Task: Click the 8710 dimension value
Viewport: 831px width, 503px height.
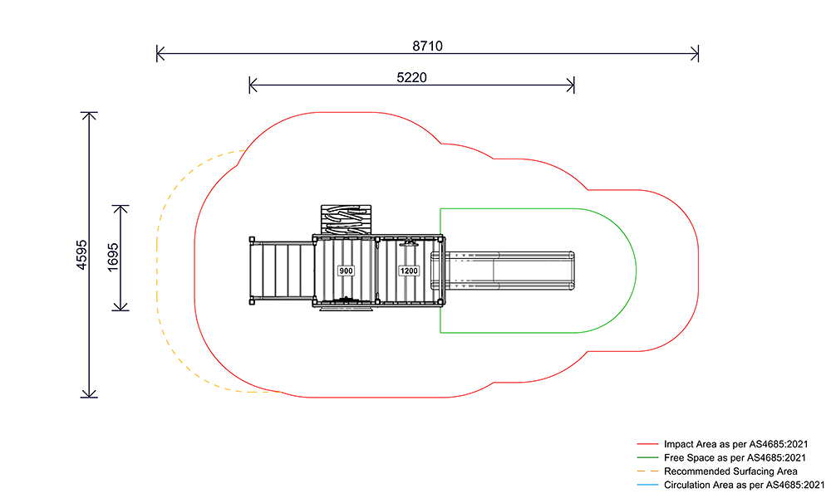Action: (427, 46)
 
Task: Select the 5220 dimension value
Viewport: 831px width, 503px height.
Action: (411, 78)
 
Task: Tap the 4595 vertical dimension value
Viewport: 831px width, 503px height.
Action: (81, 255)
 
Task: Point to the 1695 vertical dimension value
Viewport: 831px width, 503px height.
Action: (113, 257)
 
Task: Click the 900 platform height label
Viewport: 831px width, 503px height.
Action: (346, 271)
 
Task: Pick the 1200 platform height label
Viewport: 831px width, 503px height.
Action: (409, 271)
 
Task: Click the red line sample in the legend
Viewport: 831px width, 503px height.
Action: (647, 444)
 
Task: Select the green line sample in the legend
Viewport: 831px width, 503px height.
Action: (647, 457)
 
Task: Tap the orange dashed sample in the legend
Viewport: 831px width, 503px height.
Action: (647, 471)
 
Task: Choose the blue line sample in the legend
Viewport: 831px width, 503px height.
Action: (647, 485)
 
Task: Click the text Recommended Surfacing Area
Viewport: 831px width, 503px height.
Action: (730, 471)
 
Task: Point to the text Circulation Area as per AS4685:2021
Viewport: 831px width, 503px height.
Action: (744, 485)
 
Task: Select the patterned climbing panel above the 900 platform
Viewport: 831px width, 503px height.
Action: (346, 220)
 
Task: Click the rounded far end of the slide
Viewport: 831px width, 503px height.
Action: (572, 271)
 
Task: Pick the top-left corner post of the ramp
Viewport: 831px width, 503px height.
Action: (252, 239)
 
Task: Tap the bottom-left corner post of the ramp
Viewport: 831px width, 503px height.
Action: (252, 302)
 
